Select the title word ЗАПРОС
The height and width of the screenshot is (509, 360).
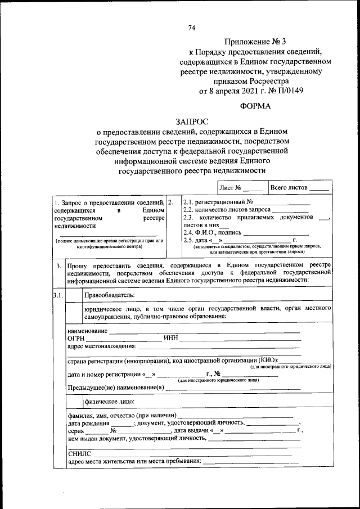pos(191,121)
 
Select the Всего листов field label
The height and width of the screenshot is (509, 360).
pos(289,187)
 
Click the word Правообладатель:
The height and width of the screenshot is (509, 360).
pos(110,295)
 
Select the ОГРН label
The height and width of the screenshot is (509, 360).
pos(76,338)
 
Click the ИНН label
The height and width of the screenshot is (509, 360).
pos(171,338)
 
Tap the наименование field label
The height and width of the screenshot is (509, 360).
pos(87,331)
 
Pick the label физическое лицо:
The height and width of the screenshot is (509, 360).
pos(109,402)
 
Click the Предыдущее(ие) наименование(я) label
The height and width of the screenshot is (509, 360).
pos(116,388)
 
